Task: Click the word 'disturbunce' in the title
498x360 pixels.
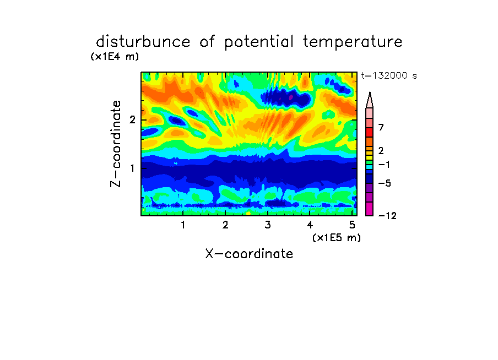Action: coord(143,42)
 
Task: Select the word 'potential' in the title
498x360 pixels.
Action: coord(259,42)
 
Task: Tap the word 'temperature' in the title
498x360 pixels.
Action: coord(353,42)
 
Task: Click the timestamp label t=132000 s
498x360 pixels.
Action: coord(389,75)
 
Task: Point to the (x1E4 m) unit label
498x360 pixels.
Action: coord(115,57)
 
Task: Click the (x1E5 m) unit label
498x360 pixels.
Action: coord(337,237)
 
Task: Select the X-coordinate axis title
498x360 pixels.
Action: coord(249,254)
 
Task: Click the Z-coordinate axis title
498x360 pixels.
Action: coord(116,144)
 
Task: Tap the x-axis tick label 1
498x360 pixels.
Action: coord(183,225)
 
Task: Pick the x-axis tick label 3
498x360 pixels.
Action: coord(268,225)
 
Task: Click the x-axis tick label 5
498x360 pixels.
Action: coord(352,225)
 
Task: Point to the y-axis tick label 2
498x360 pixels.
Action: coord(132,120)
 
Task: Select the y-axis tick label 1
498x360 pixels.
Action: coord(132,168)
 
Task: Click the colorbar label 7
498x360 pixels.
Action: coord(381,128)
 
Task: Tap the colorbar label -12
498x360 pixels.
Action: coord(387,216)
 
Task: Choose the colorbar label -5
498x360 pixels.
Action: coord(385,183)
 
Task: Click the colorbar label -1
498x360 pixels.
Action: coord(384,165)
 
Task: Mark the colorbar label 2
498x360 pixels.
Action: coord(381,151)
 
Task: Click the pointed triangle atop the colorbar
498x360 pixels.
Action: coord(370,100)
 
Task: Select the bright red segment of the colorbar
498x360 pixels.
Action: coord(370,132)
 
